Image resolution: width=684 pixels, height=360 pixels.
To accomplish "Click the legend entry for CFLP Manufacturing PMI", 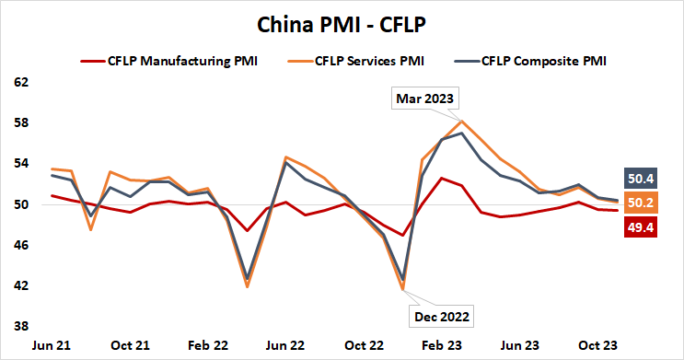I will (180, 62).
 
